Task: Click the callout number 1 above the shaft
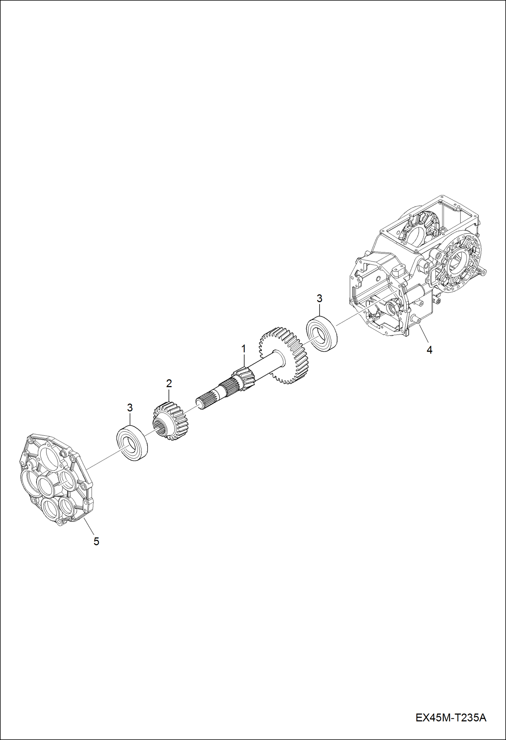click(x=243, y=349)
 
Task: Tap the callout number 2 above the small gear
click(x=169, y=383)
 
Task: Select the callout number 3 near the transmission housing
click(x=319, y=298)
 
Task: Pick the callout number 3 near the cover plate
click(x=130, y=408)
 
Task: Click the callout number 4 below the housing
click(x=429, y=350)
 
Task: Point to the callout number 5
click(x=96, y=541)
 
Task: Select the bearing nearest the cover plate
click(x=132, y=443)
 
